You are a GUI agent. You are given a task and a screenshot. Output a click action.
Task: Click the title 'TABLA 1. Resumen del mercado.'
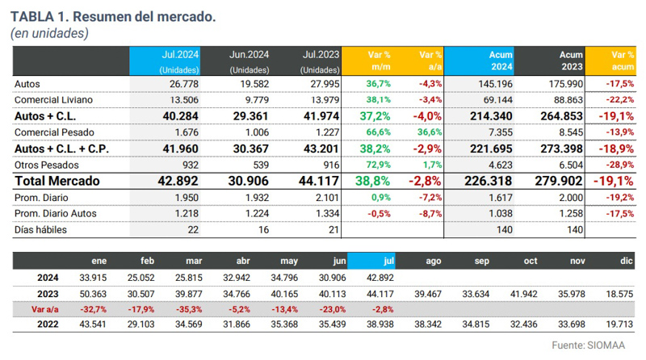click(113, 16)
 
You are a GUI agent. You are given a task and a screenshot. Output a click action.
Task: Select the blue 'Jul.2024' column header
click(165, 61)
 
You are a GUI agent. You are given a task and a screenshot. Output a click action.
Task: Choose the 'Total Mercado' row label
click(57, 182)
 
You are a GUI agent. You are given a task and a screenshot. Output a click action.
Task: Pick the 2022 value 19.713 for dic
click(620, 324)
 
